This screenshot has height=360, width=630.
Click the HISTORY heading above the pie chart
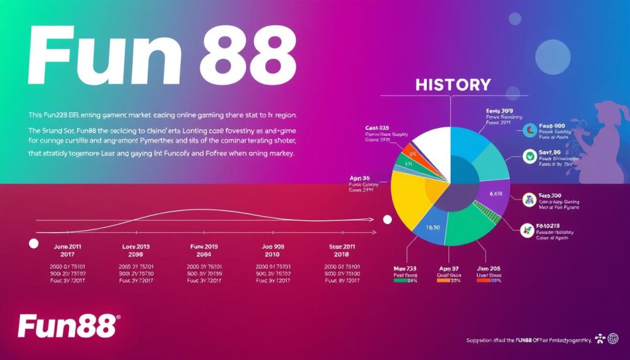pyautogui.click(x=453, y=84)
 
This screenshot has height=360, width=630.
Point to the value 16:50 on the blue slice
pyautogui.click(x=433, y=228)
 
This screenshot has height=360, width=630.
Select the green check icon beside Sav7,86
pyautogui.click(x=528, y=156)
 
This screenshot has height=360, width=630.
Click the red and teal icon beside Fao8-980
pyautogui.click(x=530, y=130)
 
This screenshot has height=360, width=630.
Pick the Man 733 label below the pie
pyautogui.click(x=406, y=269)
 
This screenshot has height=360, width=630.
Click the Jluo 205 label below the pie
pyautogui.click(x=490, y=269)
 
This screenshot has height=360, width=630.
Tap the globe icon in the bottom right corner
pyautogui.click(x=613, y=338)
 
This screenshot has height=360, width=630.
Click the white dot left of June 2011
pyautogui.click(x=34, y=244)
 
